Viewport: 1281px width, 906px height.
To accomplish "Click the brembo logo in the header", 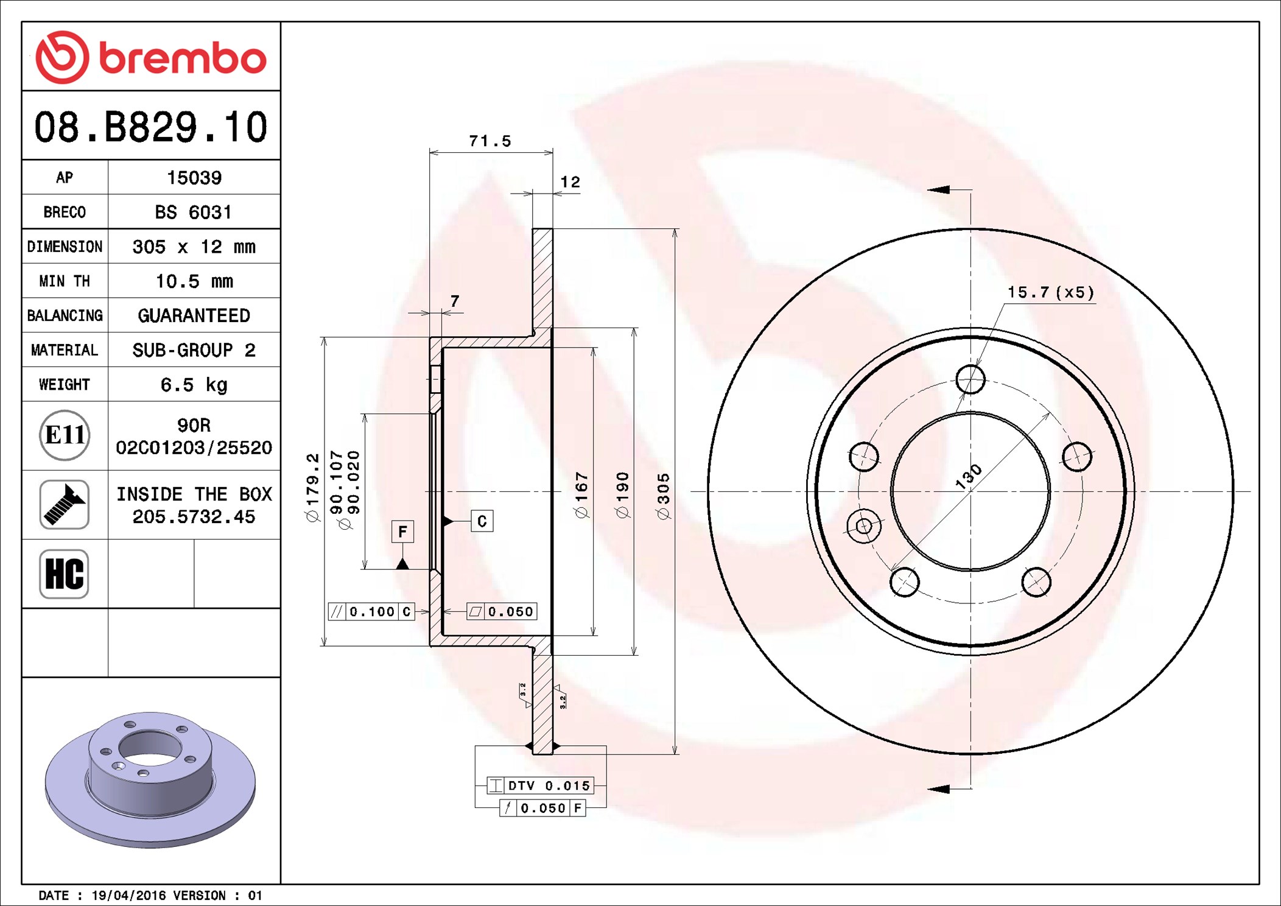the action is [x=151, y=57].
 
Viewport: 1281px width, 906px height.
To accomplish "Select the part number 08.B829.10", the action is [x=151, y=127].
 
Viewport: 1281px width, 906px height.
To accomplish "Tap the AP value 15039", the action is [x=194, y=178].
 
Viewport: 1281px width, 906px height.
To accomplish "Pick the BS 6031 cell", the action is [x=194, y=212].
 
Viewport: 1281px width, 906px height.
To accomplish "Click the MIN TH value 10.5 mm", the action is [x=194, y=281].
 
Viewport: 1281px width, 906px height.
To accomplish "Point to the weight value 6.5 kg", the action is [x=194, y=385].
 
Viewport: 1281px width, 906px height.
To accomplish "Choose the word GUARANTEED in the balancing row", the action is [x=194, y=315].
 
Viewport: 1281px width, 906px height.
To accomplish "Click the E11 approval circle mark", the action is [x=65, y=435].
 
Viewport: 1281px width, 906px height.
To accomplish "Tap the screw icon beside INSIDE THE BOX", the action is [x=65, y=504].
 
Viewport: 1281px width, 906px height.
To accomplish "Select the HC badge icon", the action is [x=65, y=574].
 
